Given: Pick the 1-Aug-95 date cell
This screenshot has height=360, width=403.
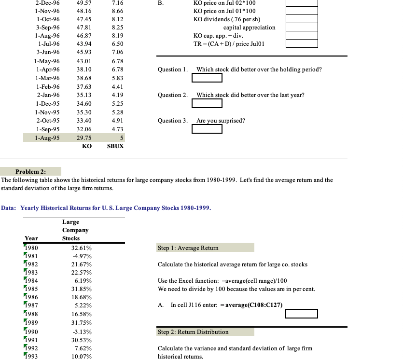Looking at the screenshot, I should [47, 138].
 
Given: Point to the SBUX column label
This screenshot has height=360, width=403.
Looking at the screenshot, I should [115, 146].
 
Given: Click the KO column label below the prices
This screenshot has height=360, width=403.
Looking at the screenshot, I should [87, 146].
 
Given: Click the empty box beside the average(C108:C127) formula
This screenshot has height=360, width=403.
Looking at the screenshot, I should [301, 314].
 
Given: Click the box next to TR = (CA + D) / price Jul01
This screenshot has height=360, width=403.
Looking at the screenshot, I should [301, 44].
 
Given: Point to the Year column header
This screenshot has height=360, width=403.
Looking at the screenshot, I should [31, 238].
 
